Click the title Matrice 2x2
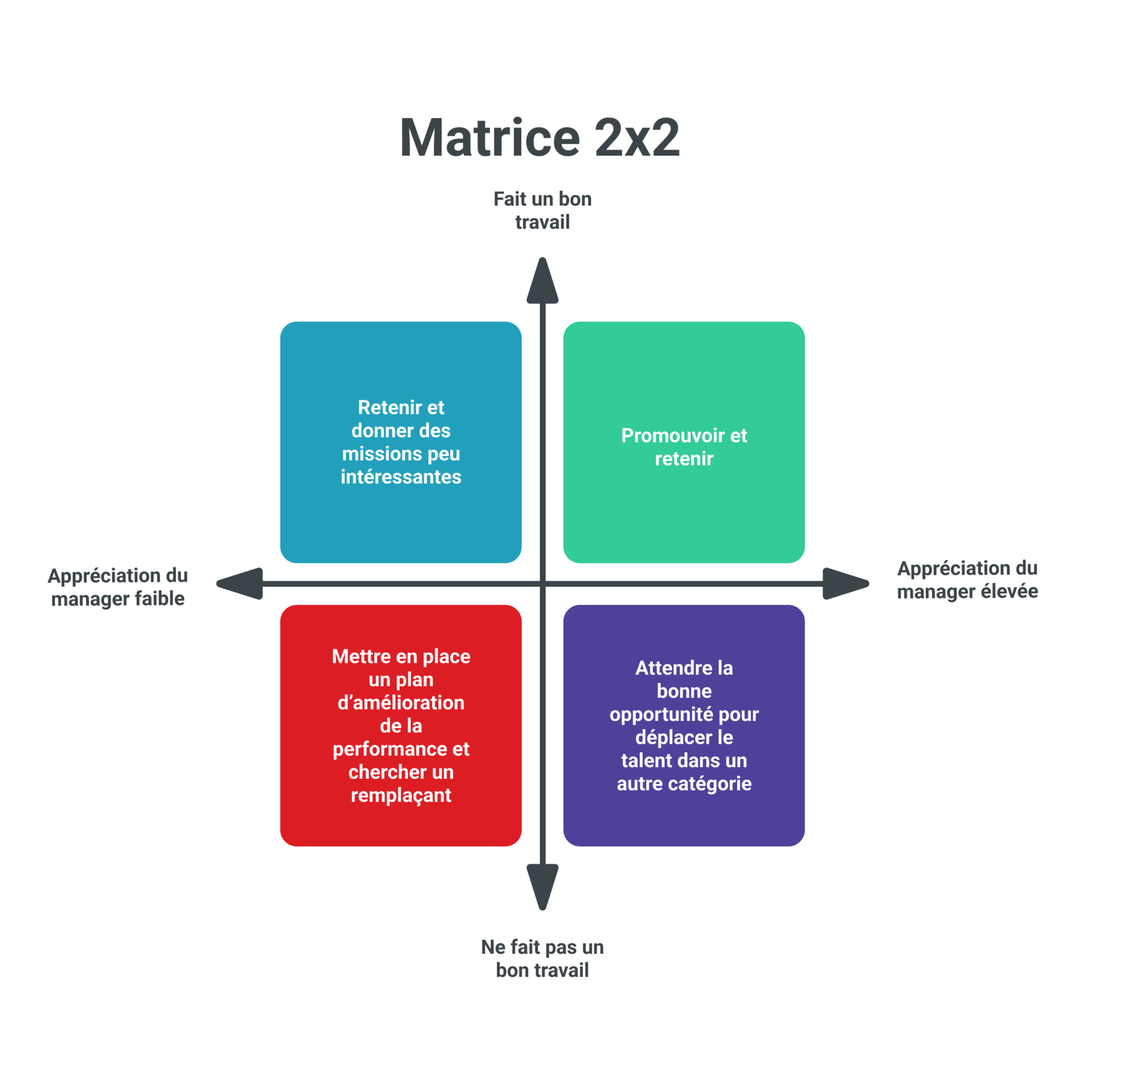[540, 138]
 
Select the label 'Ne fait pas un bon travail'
[542, 958]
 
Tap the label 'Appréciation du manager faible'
[118, 587]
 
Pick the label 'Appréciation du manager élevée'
[967, 580]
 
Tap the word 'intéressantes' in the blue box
[401, 476]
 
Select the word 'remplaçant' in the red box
[401, 795]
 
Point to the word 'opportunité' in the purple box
[661, 714]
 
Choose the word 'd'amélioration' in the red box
[401, 703]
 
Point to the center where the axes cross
[542, 583]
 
